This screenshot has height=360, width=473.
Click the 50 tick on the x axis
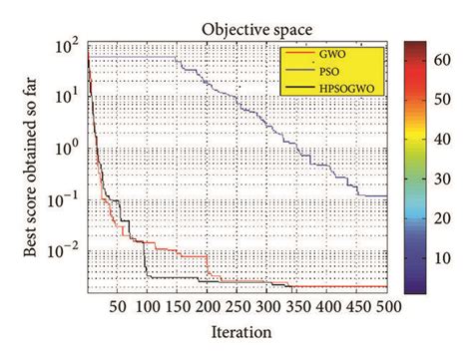tap(119, 307)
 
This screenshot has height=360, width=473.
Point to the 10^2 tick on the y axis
tap(71, 46)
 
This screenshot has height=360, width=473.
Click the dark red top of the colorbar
tap(416, 46)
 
